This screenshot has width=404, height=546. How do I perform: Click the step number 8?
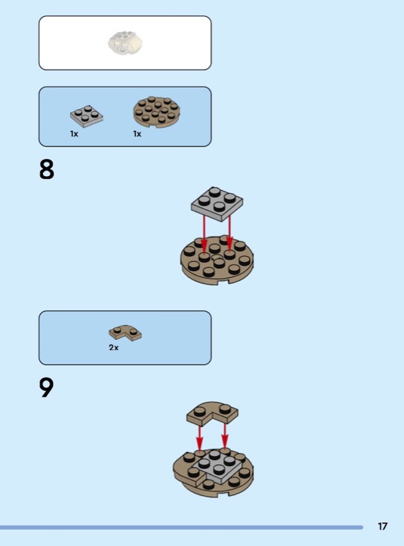(46, 169)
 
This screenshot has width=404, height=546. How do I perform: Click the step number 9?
(46, 387)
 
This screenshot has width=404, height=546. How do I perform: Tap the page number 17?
(382, 526)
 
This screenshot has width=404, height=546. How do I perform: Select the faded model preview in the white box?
(125, 43)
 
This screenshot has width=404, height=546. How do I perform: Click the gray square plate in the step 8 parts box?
(87, 115)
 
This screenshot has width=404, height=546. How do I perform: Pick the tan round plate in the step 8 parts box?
(157, 111)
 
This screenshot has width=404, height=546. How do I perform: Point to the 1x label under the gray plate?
(74, 134)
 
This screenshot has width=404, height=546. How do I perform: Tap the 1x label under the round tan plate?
(137, 134)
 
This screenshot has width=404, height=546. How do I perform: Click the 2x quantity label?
(114, 347)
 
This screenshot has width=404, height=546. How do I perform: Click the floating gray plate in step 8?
(217, 203)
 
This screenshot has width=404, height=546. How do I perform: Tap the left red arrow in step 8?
(204, 232)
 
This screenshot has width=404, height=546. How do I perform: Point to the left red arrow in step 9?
(199, 437)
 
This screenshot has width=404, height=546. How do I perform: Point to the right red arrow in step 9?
(225, 436)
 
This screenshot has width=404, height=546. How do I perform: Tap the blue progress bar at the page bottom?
(181, 527)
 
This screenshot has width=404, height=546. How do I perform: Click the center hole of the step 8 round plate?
(217, 258)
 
